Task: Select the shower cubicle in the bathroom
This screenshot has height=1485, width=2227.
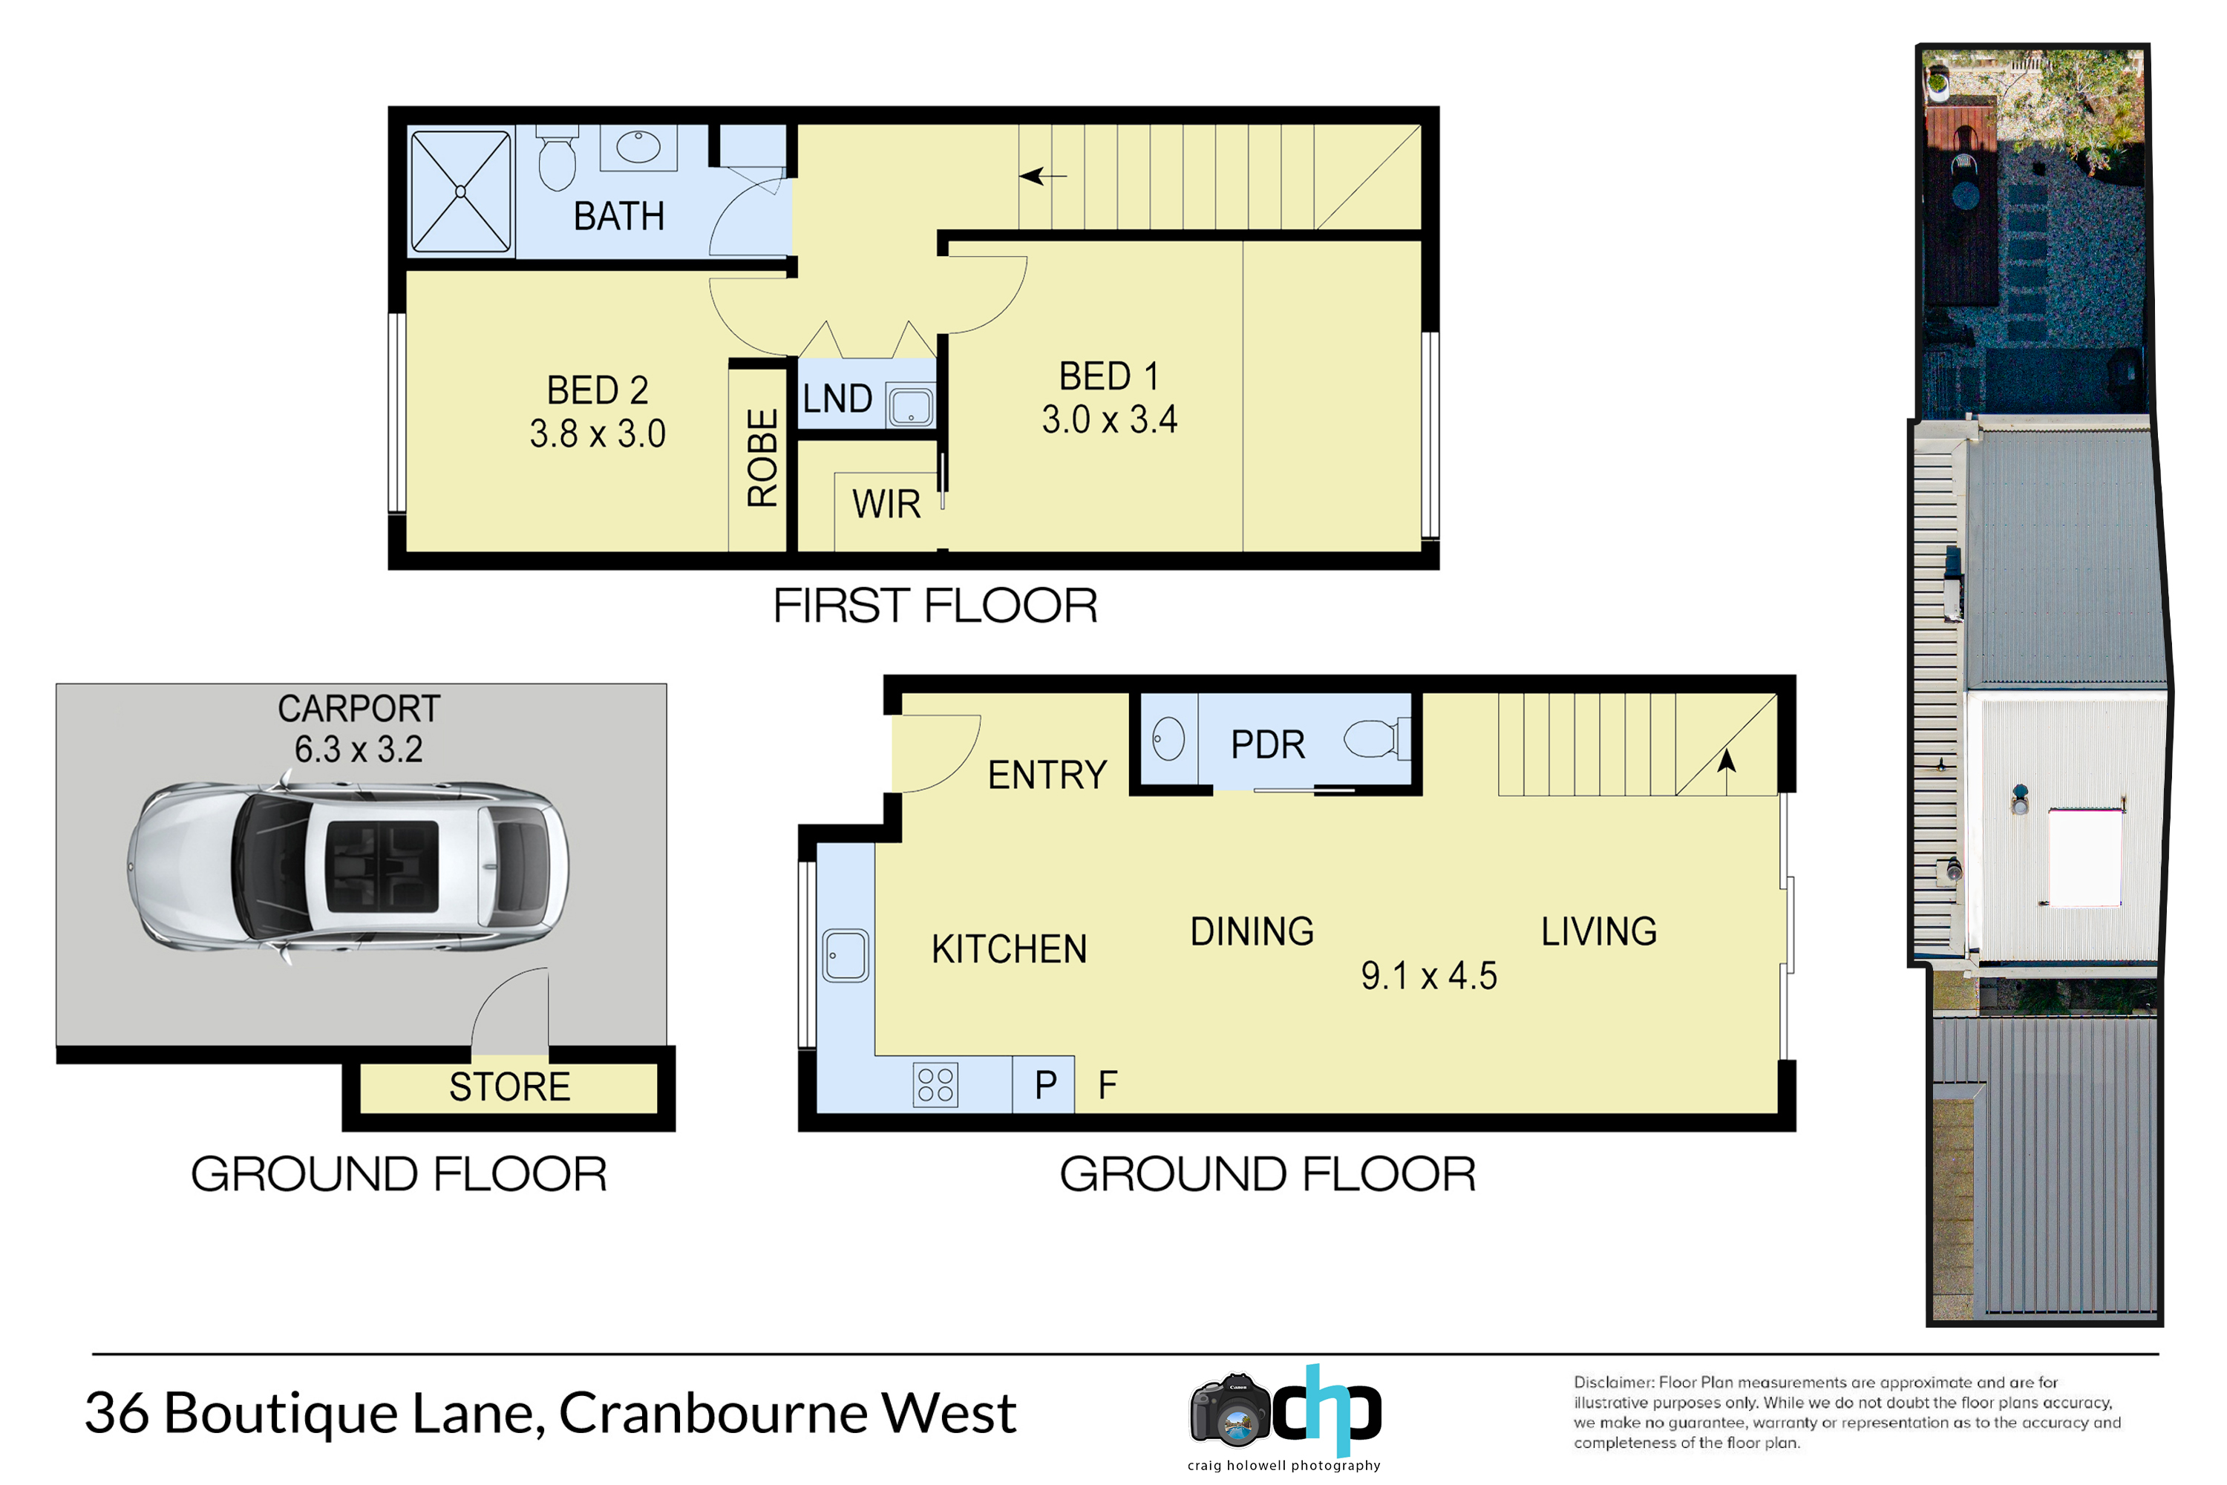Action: [x=461, y=191]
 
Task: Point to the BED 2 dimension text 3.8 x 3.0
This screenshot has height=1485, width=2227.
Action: [x=598, y=433]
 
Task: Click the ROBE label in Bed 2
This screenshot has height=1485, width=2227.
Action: [x=762, y=459]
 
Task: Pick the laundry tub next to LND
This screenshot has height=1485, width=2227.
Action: [x=910, y=405]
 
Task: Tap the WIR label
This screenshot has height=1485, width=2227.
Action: [x=886, y=505]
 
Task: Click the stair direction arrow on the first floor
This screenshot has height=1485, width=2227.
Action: [x=1042, y=176]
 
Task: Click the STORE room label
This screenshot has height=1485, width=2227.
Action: [x=510, y=1087]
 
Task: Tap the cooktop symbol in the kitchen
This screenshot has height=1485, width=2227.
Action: [x=935, y=1085]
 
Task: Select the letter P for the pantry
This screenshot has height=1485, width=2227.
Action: [x=1046, y=1085]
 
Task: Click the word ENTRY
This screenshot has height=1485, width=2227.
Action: [x=1047, y=776]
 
